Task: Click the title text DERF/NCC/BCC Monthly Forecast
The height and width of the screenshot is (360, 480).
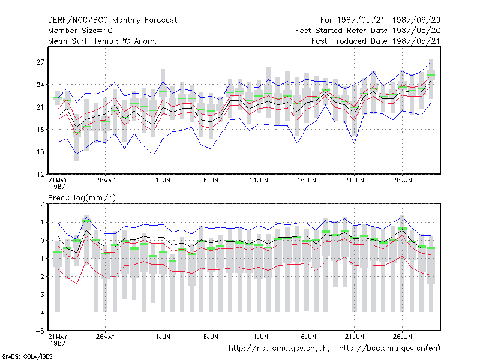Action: point(112,20)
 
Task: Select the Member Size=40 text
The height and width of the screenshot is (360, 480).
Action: point(80,31)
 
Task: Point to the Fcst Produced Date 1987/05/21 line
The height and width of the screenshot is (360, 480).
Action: point(376,41)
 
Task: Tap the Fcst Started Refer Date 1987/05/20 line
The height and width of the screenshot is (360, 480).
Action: point(368,31)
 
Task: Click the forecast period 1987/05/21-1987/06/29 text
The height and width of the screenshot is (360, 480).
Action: point(380,20)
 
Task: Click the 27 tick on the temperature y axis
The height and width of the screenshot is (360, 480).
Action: point(40,62)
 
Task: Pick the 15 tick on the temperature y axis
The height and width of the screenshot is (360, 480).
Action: point(40,152)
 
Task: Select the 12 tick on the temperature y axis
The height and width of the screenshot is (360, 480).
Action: point(40,175)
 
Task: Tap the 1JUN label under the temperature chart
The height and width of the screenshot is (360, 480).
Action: point(163,181)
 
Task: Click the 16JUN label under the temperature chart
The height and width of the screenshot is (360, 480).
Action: point(307,181)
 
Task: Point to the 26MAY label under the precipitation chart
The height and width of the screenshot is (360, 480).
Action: point(106,337)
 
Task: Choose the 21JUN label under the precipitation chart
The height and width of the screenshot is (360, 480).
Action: point(355,337)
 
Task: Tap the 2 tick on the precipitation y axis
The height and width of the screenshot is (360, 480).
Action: point(42,204)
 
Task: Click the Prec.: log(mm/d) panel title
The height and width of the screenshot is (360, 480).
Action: point(82,198)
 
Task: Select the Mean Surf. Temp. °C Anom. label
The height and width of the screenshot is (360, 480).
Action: point(103,41)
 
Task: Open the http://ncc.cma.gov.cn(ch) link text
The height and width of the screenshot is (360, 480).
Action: point(280,349)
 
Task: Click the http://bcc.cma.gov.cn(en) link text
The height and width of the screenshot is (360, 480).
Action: point(389,349)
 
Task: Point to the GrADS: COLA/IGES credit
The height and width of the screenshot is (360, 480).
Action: point(27,356)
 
